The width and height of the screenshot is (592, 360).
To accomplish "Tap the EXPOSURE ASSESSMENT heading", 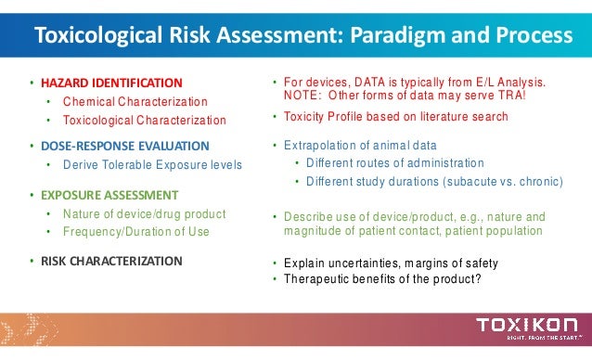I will pos(109,196).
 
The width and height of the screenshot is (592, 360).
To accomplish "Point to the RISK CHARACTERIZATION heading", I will pos(110,261).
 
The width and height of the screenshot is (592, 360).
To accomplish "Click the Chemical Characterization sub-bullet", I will pos(135,101).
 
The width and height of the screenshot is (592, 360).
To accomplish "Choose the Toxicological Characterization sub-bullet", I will pos(144,120).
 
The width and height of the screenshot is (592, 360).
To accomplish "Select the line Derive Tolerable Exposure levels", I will pos(152,165).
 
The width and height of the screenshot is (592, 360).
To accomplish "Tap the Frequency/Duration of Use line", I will pos(135,232).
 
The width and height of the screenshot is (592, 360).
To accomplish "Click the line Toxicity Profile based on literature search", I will pos(395,117).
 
